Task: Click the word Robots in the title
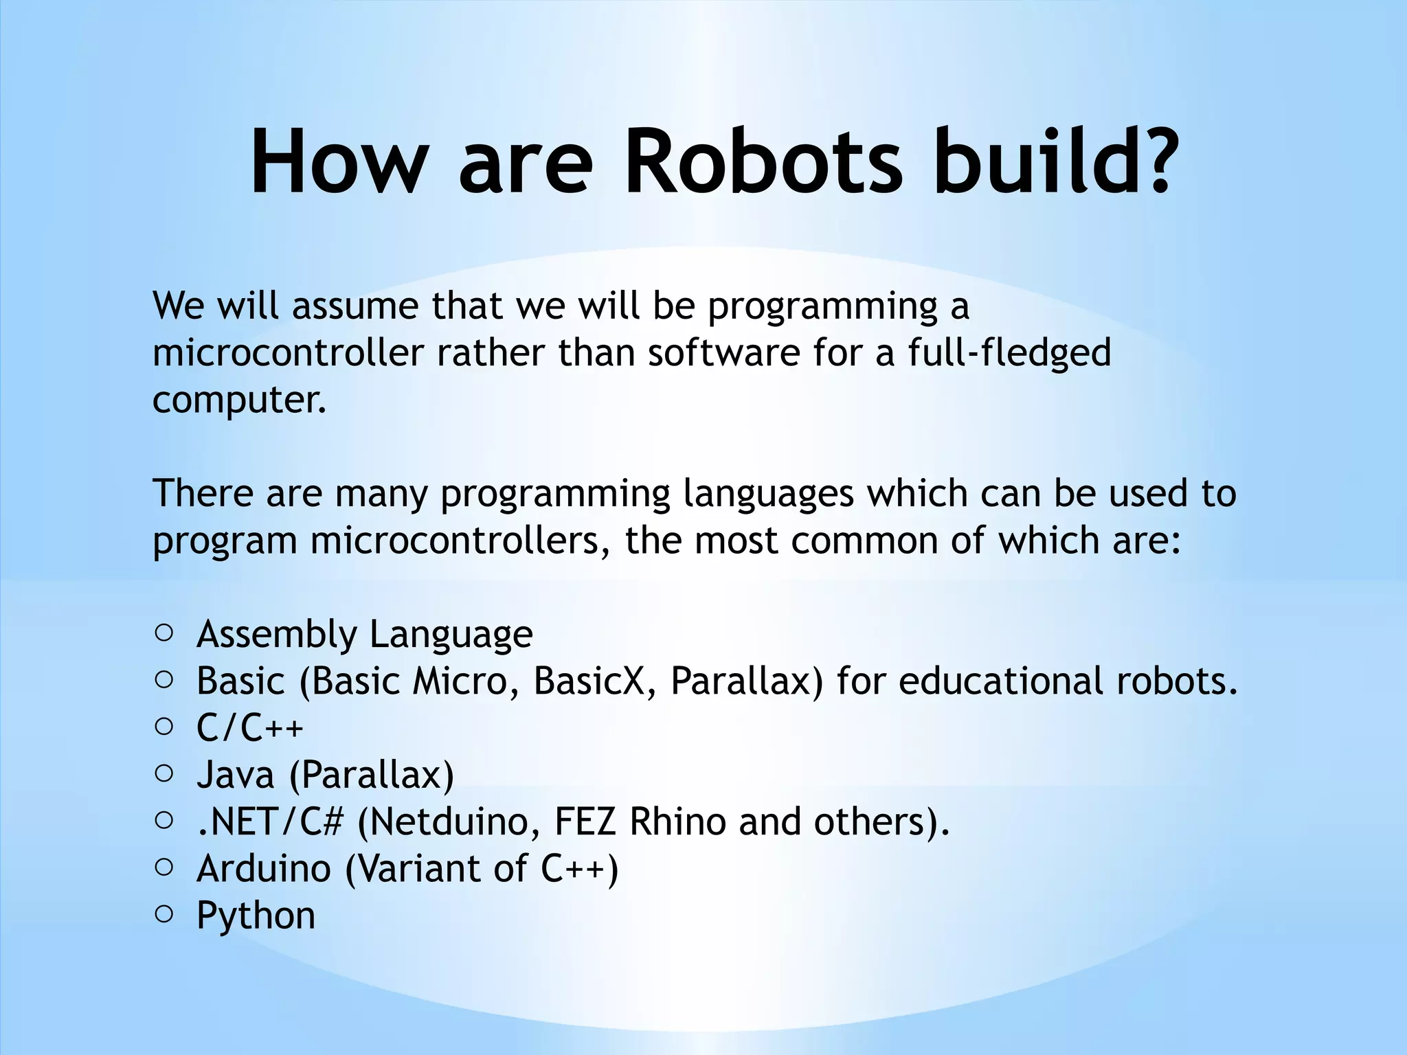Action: tap(763, 162)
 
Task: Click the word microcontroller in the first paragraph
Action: tap(289, 353)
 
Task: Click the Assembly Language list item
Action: tap(364, 634)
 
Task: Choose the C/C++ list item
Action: tap(249, 728)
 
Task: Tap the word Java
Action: tap(235, 775)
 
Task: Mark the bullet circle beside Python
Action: tap(164, 914)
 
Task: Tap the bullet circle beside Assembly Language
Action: tap(164, 633)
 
